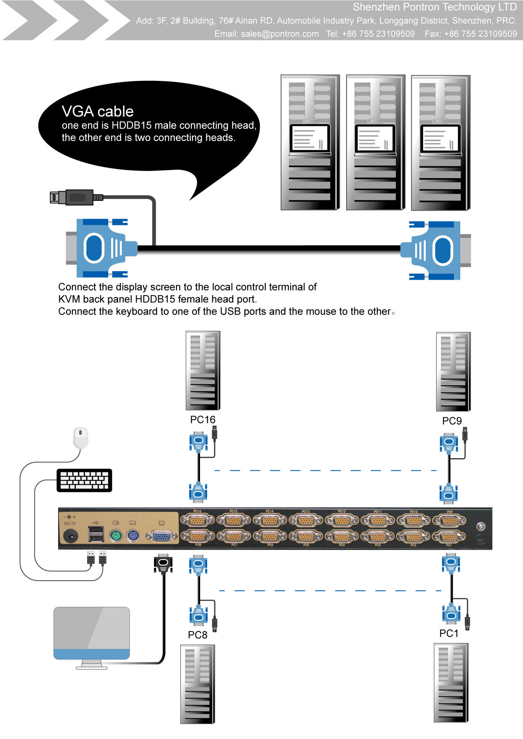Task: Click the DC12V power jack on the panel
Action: pyautogui.click(x=70, y=536)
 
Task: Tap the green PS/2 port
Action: pyautogui.click(x=116, y=536)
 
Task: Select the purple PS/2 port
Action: pyautogui.click(x=133, y=536)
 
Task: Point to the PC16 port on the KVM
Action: pyautogui.click(x=197, y=520)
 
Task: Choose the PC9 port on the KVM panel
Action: pyautogui.click(x=450, y=520)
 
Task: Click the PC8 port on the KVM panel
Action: pyautogui.click(x=197, y=536)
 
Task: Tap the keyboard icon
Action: pyautogui.click(x=84, y=480)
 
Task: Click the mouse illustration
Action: pyautogui.click(x=81, y=438)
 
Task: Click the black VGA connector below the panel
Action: pyautogui.click(x=163, y=563)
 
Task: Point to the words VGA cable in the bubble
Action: pyautogui.click(x=98, y=112)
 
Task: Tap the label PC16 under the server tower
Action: pyautogui.click(x=203, y=420)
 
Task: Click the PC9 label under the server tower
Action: pyautogui.click(x=452, y=421)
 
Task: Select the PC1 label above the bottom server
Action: pyautogui.click(x=449, y=633)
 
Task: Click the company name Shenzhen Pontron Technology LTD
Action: pyautogui.click(x=435, y=7)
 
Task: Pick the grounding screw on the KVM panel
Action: pyautogui.click(x=481, y=526)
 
